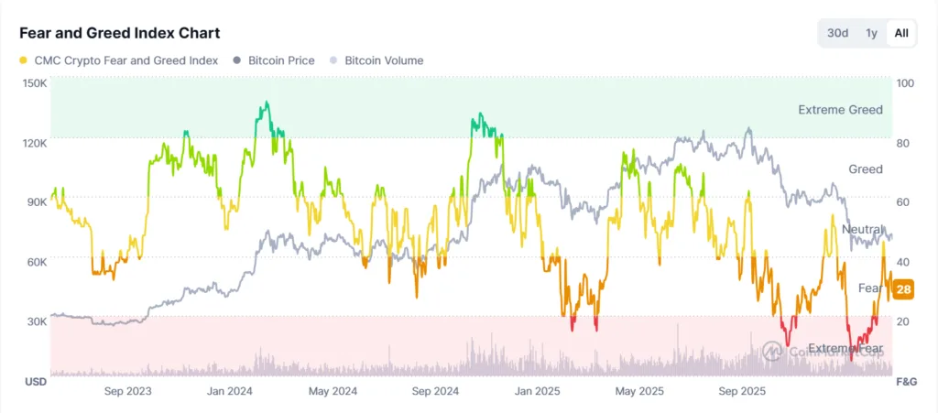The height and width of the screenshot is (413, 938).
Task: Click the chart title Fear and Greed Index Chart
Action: pos(119,33)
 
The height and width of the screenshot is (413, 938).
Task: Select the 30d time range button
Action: pos(837,33)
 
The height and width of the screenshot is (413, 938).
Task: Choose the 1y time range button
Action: pos(871,33)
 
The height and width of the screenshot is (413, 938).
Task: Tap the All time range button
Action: pos(901,33)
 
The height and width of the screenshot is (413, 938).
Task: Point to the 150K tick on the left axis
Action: pos(35,83)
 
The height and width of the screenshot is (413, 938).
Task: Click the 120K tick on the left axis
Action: pos(35,143)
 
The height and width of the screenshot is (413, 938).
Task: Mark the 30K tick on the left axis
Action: pos(35,321)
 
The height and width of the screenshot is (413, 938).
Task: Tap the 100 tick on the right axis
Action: pos(906,83)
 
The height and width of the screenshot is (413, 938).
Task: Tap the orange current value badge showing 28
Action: pos(903,290)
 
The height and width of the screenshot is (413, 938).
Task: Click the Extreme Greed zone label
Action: pos(840,110)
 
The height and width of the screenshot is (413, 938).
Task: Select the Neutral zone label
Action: pos(863,229)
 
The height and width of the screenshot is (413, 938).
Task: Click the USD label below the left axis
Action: pos(35,381)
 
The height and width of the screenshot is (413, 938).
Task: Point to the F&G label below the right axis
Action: pos(905,381)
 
